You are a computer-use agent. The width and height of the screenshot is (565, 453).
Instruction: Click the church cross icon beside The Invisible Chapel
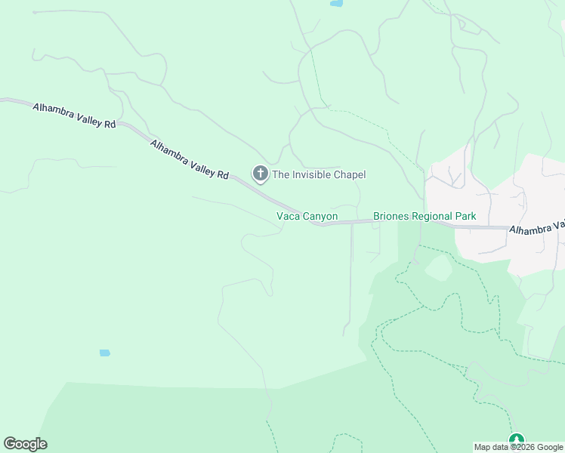260,174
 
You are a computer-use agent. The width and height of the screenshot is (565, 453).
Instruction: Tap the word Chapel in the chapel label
347,175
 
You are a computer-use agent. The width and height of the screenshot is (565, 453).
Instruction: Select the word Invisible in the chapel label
310,175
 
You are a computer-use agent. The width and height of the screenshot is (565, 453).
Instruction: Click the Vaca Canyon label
306,217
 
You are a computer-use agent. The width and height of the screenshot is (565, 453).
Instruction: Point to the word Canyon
320,217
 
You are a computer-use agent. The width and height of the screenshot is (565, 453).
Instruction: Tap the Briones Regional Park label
425,217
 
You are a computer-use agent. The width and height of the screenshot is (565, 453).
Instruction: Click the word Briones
391,217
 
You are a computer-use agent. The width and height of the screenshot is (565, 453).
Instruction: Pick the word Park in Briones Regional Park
465,217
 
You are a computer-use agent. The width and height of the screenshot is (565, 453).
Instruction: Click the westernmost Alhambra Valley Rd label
74,116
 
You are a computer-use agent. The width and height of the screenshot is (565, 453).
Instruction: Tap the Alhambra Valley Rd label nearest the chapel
189,159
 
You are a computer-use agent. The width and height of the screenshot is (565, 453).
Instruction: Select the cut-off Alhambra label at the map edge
536,227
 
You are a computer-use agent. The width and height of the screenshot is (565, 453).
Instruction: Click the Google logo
26,444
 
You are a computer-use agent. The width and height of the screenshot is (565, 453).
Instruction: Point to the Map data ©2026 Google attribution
518,447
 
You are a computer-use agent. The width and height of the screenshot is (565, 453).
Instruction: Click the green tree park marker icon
517,440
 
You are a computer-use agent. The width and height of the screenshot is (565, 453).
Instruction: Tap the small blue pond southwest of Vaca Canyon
104,353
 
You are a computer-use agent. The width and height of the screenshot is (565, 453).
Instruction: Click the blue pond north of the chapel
335,4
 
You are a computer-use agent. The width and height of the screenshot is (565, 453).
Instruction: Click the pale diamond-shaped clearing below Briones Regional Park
437,268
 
